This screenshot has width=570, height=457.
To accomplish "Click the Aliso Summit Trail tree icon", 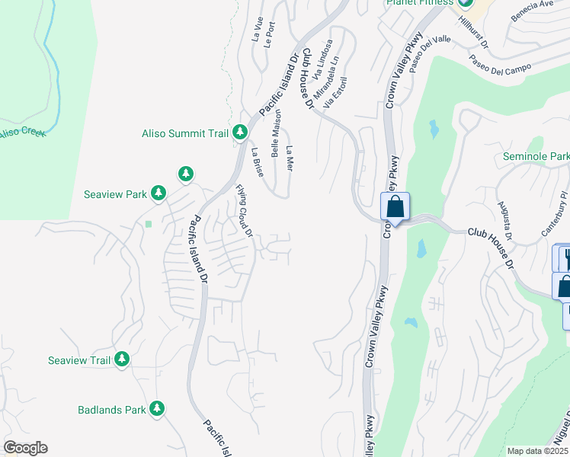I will point(239,133).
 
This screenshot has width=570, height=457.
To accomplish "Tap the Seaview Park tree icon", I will point(159,193).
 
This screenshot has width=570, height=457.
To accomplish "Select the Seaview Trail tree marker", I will point(122,360).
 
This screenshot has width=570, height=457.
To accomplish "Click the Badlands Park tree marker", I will point(156,409).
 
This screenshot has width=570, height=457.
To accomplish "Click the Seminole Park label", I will point(536,157).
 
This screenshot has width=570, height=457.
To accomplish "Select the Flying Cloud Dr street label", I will point(244,211).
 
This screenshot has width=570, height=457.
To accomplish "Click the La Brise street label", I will point(257,161).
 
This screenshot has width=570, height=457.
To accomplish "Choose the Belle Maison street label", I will point(275,136).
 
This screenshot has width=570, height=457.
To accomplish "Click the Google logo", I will point(25,448).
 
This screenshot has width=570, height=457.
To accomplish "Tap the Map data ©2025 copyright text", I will point(537,451).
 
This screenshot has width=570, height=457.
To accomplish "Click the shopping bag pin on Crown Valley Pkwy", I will point(395,206).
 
